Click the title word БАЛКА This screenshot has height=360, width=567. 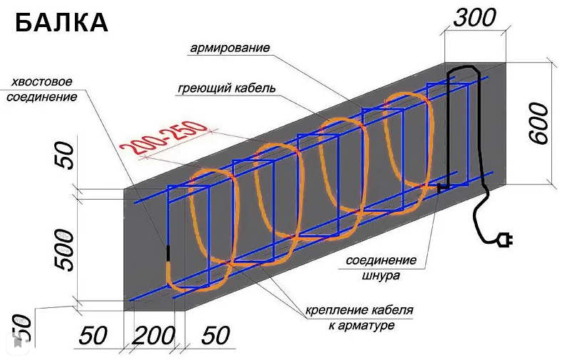pos(61,23)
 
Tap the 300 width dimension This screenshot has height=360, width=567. pos(475,18)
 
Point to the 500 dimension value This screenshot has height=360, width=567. pos(63,250)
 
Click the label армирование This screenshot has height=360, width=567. pos(230,49)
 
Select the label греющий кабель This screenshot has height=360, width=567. pos(226,88)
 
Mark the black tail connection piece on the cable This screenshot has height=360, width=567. pos(169,253)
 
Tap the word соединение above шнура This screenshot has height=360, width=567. pos(377,261)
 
